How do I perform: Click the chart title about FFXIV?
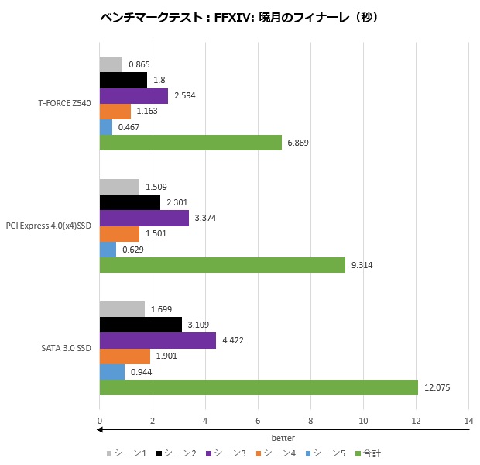(239, 17)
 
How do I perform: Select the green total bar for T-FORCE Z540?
(190, 143)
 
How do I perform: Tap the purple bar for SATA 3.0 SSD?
(157, 340)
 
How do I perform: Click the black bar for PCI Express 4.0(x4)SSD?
(129, 202)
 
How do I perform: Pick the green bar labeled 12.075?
(259, 387)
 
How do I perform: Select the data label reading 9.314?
(362, 265)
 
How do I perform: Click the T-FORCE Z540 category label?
(64, 104)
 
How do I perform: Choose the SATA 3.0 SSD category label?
(67, 348)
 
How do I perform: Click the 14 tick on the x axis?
(468, 421)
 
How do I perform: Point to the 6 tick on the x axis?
(258, 421)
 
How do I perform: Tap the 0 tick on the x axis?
(99, 421)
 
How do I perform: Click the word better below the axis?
(283, 438)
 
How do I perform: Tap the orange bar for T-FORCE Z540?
(115, 112)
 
